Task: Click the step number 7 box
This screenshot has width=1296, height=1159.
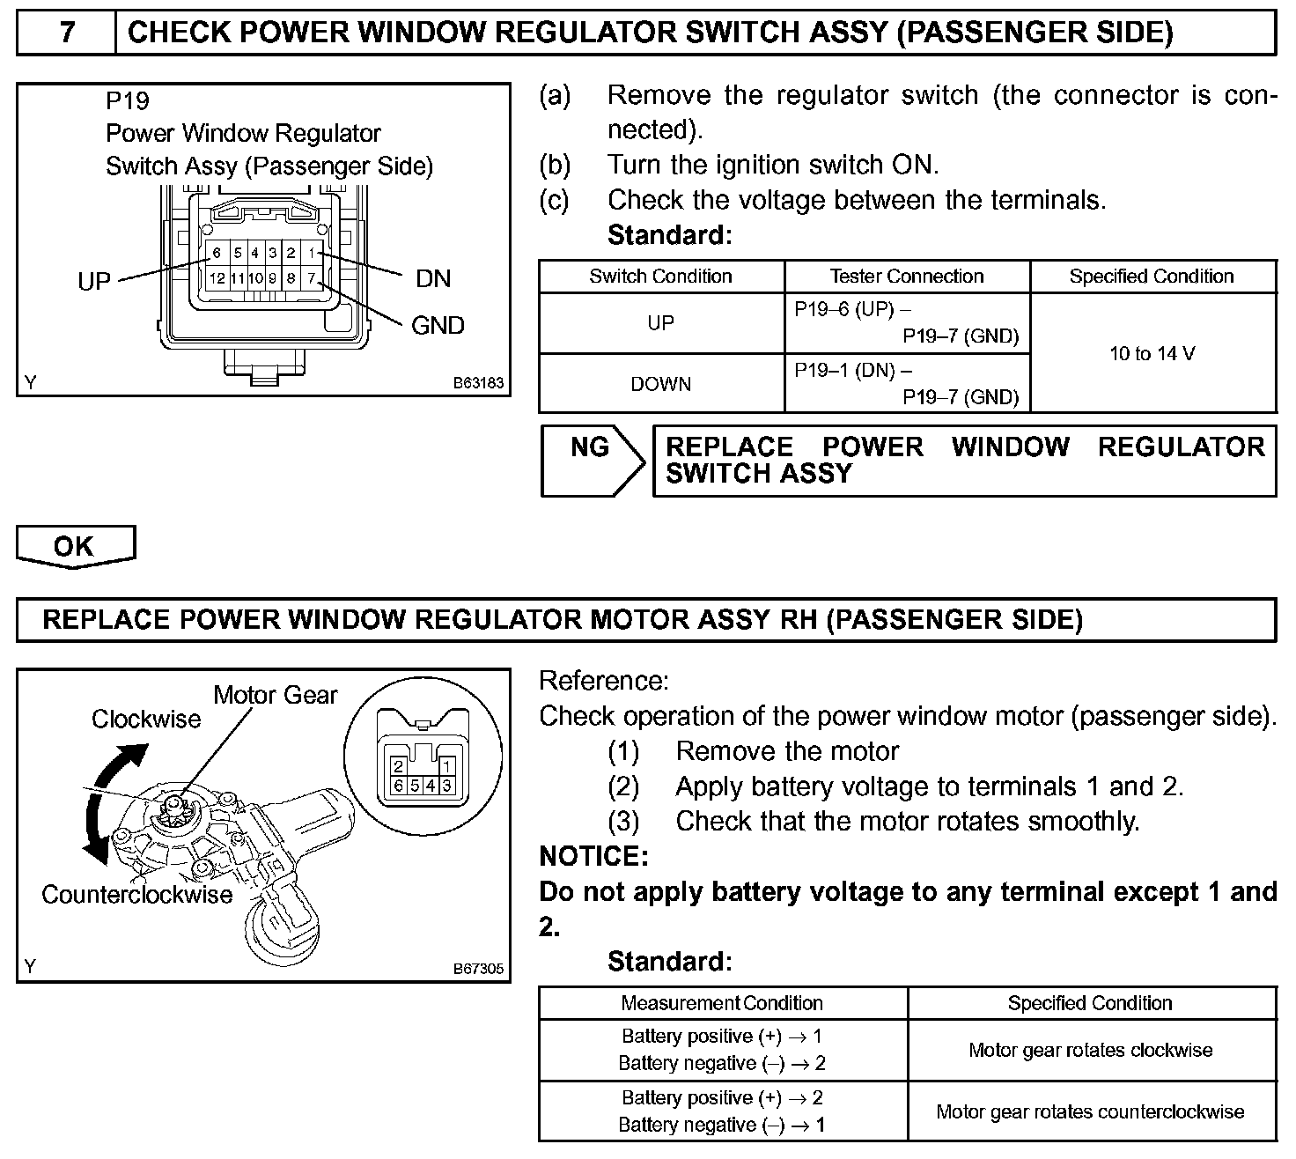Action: (67, 33)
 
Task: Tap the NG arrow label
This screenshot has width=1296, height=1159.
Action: (590, 448)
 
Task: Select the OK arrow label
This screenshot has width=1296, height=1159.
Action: (74, 546)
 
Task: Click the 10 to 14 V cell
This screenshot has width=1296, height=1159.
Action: (1152, 354)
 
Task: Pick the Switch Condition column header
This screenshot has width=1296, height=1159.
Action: (660, 277)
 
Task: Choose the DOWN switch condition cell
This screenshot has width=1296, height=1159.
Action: (660, 384)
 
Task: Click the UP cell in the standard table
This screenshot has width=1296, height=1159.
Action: (660, 323)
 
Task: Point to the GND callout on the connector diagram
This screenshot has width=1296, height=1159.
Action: (438, 326)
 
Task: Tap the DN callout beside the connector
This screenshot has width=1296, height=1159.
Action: (433, 279)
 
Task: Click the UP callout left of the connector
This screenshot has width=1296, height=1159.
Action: (94, 282)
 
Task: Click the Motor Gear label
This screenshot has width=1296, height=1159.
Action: (275, 696)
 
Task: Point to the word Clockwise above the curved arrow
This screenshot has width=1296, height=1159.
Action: (146, 720)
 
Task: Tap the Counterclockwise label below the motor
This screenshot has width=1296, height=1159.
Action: (136, 895)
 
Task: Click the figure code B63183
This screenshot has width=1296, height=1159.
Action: (478, 384)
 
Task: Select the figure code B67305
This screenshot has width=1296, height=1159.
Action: (478, 969)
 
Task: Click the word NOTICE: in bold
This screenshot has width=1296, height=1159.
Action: (593, 856)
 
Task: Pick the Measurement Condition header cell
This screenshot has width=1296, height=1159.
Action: (722, 1003)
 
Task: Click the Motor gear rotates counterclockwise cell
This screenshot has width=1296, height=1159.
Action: (1090, 1111)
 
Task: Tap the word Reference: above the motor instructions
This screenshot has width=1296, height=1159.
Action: (604, 681)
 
